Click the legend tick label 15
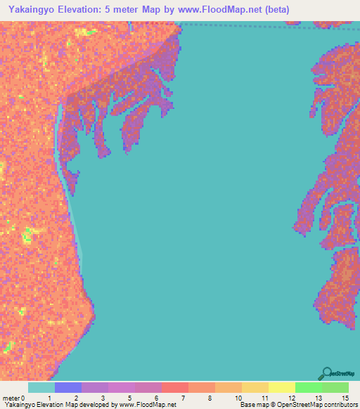(345, 398)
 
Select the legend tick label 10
(238, 398)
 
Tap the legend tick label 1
(49, 398)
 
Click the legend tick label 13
(318, 398)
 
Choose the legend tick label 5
(130, 398)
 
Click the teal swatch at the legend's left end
(41, 387)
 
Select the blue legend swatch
(68, 387)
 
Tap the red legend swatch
(175, 387)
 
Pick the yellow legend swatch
(282, 387)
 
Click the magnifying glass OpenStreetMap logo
(326, 374)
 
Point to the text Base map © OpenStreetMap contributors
(298, 405)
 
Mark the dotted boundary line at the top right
(267, 26)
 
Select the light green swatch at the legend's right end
(335, 387)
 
